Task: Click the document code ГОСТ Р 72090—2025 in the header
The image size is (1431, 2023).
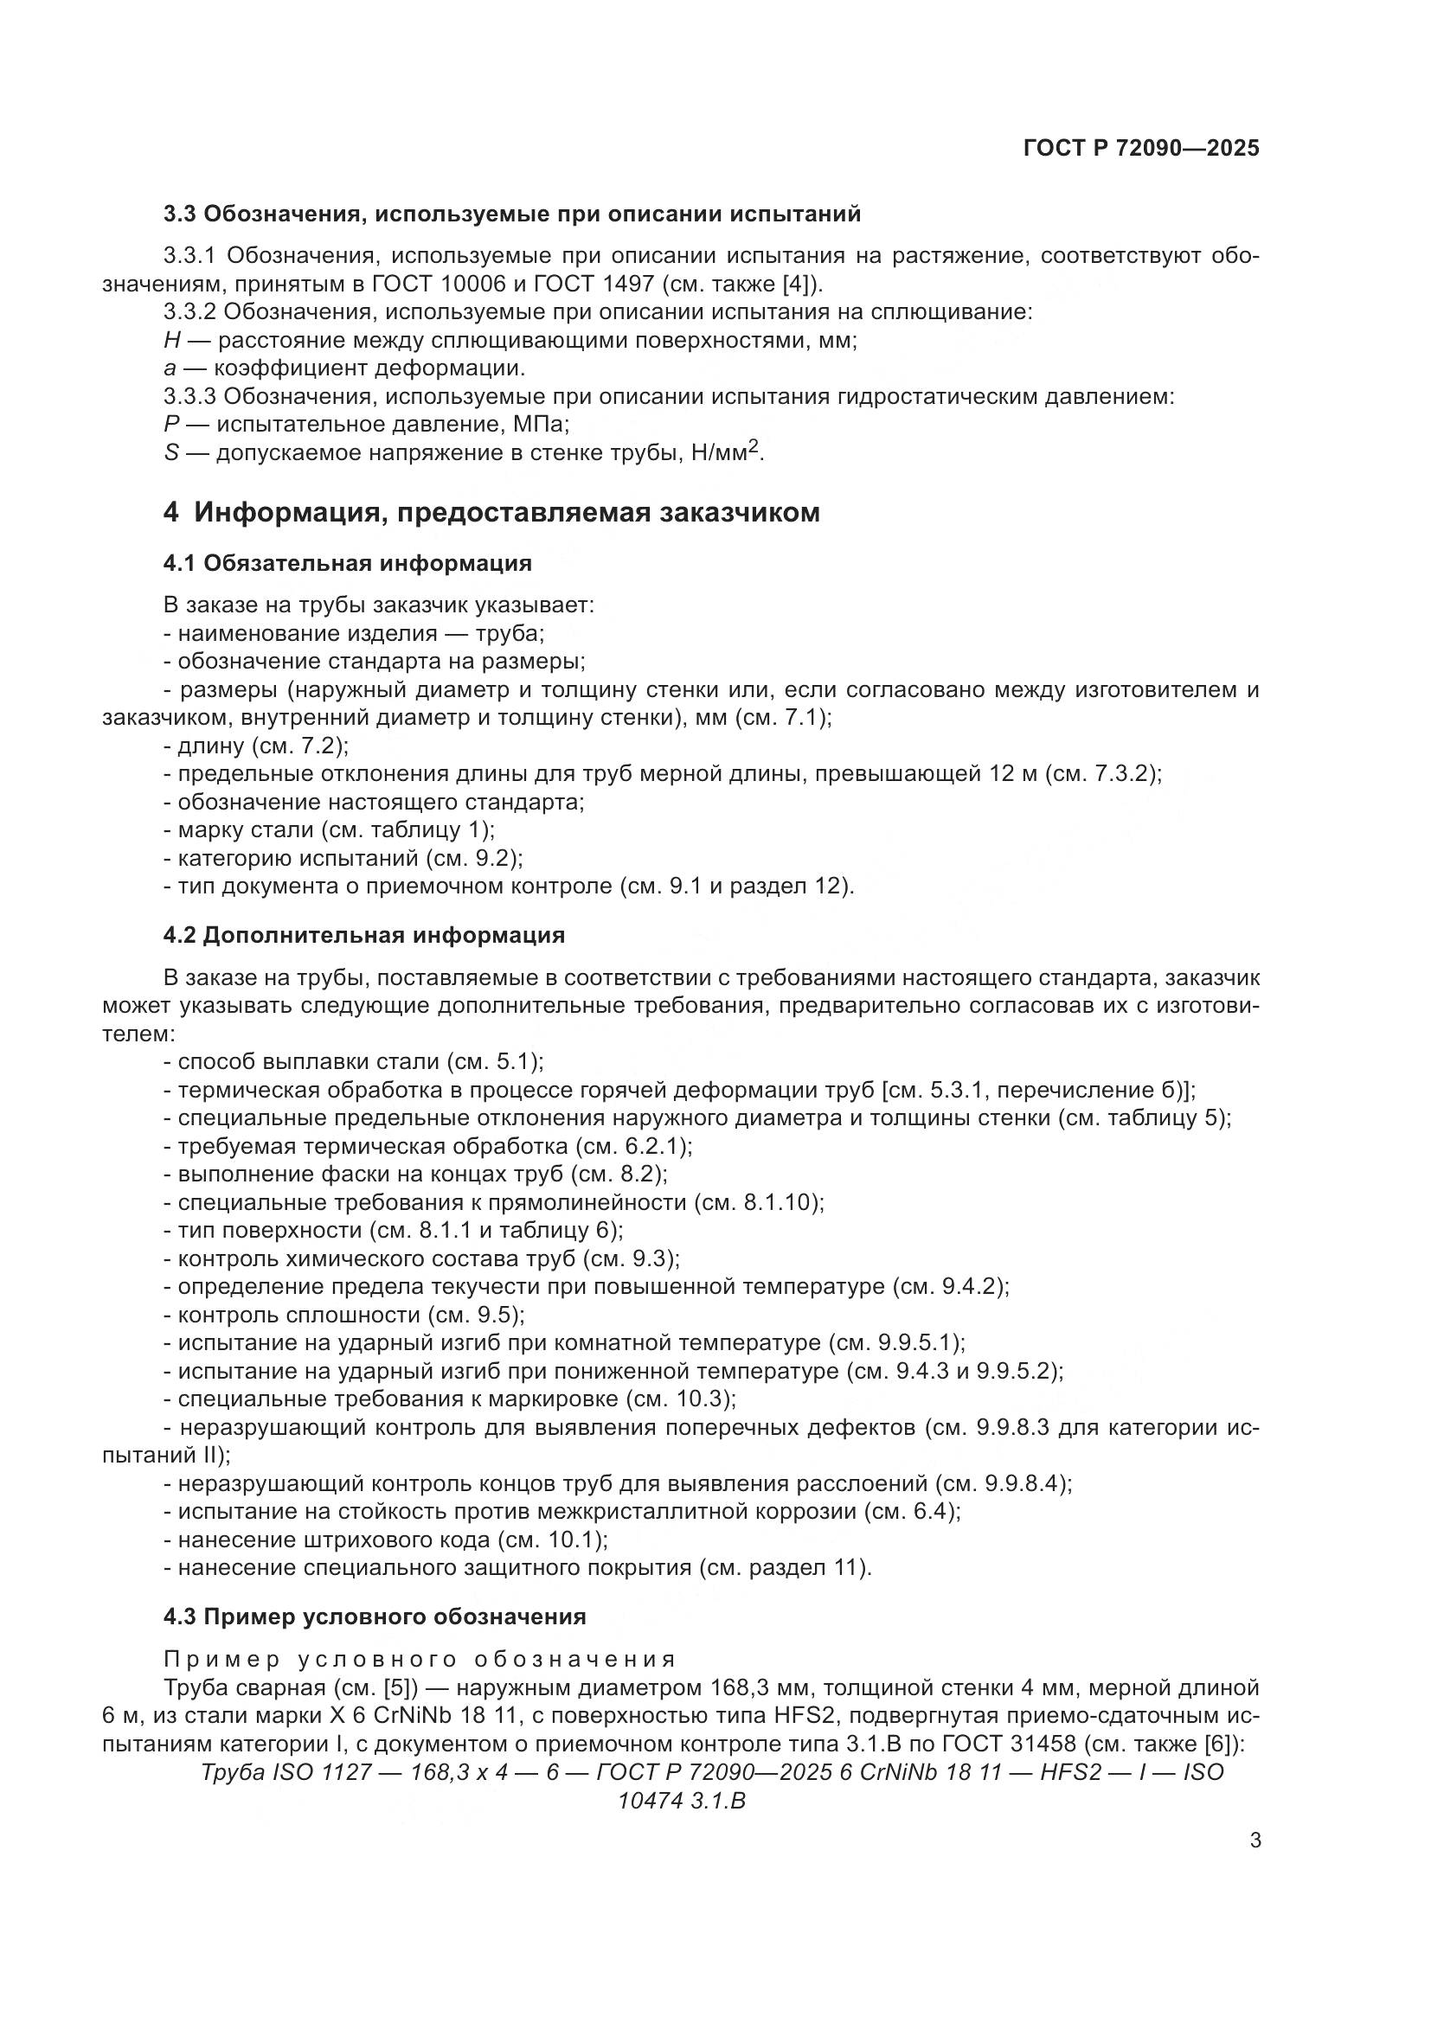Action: (x=1141, y=148)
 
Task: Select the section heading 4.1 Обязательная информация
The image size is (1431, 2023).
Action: (x=347, y=563)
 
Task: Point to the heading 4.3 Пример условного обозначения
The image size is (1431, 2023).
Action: (x=375, y=1616)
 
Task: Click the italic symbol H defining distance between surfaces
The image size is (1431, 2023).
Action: (x=172, y=340)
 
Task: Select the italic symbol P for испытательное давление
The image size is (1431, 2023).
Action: (x=171, y=425)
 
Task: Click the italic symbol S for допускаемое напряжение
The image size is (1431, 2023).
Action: (x=171, y=453)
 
